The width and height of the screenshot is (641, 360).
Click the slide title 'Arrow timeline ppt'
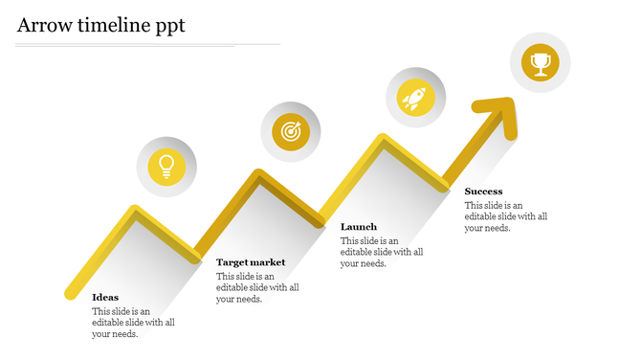coord(100,26)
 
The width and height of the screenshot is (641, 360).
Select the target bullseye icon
coord(290,131)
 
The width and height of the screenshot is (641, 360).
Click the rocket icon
coord(414,97)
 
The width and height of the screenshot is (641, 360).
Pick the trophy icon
coord(541,64)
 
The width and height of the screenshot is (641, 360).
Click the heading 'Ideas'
coord(105,297)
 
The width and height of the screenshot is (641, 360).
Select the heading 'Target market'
coord(251,261)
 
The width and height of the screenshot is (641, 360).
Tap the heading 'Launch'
coord(359,227)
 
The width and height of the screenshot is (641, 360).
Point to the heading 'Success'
coord(483,191)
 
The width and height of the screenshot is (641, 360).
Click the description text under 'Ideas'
coord(133,323)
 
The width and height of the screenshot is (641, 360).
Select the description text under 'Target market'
coord(257,287)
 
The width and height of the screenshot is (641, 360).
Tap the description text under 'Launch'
coord(382,252)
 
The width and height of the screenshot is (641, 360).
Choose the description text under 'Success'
coord(506,216)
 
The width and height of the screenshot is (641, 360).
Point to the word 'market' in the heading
coord(268,261)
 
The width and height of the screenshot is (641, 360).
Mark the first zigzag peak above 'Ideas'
coord(134,212)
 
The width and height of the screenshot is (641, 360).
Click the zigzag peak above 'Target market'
coord(256,176)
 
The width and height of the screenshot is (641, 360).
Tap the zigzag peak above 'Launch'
coord(383,141)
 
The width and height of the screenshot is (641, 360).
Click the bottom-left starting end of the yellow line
coord(70,292)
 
